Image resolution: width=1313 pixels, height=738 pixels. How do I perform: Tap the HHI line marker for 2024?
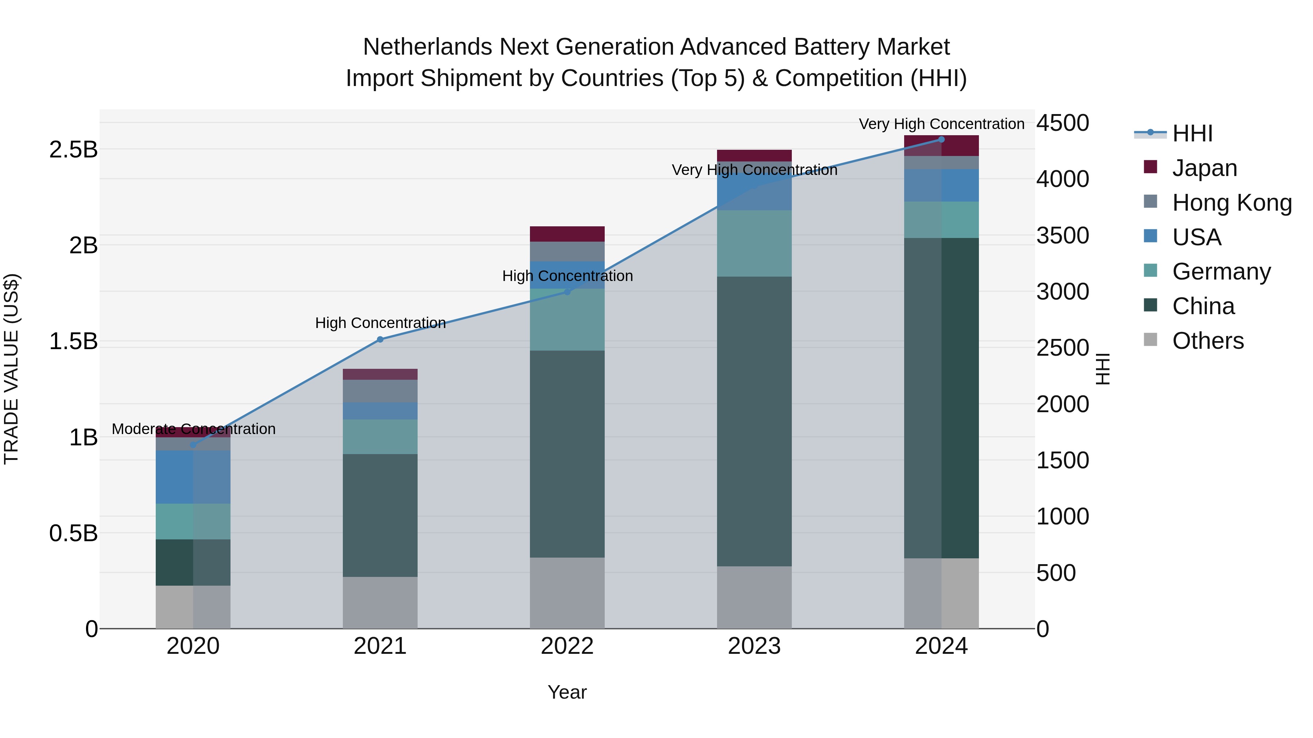click(941, 140)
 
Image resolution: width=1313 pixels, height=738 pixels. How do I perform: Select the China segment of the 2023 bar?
click(754, 421)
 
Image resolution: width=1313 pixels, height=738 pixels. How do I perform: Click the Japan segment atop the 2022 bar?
click(567, 234)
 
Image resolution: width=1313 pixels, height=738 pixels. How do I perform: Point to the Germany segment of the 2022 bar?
click(567, 320)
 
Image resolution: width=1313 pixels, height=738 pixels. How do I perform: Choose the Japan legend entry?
click(1204, 168)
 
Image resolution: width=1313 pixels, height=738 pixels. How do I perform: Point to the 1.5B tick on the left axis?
click(73, 341)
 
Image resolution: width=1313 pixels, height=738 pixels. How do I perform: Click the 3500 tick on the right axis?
click(1063, 236)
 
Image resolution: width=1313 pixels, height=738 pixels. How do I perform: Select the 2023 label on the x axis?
click(754, 646)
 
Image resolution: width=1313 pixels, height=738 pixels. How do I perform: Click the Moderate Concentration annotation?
click(194, 429)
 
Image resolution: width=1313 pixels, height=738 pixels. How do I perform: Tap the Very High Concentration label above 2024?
click(941, 124)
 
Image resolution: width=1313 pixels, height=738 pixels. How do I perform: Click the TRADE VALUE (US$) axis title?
click(11, 369)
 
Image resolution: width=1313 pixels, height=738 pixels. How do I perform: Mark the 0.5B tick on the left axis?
click(73, 533)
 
